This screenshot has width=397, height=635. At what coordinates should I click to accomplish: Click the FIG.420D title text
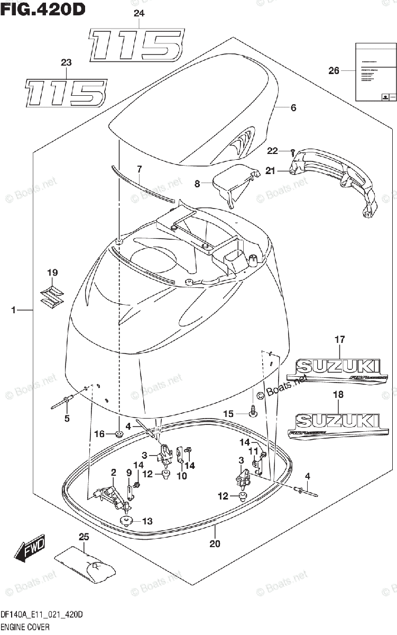[42, 9]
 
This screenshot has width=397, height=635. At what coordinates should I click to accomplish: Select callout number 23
[66, 63]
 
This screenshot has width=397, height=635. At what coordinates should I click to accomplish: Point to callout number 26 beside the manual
[334, 70]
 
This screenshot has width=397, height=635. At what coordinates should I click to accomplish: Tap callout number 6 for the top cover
[293, 108]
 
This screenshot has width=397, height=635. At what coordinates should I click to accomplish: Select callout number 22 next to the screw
[272, 151]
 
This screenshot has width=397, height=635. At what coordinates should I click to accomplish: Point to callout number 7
[139, 169]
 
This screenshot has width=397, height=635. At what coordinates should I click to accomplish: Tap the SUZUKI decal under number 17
[337, 370]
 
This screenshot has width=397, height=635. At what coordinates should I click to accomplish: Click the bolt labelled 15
[253, 409]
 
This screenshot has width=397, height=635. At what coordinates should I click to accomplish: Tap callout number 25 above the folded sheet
[82, 537]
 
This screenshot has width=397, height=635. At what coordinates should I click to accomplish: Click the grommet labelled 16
[118, 435]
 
